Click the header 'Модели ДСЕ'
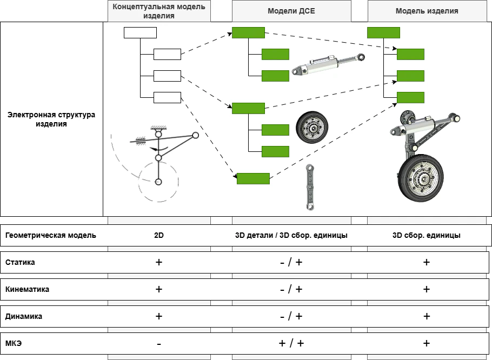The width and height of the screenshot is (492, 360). (x=291, y=11)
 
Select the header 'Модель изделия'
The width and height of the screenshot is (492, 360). (x=427, y=11)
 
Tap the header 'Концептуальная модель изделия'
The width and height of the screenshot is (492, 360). (x=158, y=11)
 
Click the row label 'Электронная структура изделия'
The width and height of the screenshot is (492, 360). (x=51, y=119)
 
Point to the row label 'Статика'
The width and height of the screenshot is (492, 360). (x=20, y=262)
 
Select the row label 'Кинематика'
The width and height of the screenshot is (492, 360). (x=27, y=289)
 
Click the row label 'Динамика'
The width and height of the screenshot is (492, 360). (x=24, y=316)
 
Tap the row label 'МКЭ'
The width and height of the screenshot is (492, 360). (x=14, y=343)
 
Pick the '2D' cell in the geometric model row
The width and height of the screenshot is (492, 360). (x=158, y=236)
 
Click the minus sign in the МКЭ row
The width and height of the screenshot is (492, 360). (x=158, y=344)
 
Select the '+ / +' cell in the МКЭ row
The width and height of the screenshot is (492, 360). (x=291, y=343)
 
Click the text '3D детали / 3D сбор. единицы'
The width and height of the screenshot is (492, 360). (x=291, y=236)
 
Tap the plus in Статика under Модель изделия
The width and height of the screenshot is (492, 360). (x=427, y=262)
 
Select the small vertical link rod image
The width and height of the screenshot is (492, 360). (x=310, y=186)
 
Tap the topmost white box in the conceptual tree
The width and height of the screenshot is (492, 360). (x=140, y=32)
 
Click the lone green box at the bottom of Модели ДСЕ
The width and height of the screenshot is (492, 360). (x=253, y=178)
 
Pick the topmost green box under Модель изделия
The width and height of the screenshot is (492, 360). (x=383, y=32)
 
